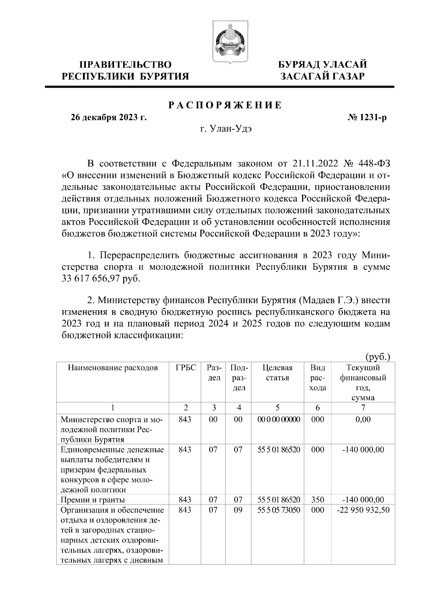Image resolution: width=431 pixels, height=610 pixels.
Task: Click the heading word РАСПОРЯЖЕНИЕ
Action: pyautogui.click(x=225, y=105)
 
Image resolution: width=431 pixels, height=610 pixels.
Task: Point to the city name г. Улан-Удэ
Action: pyautogui.click(x=226, y=129)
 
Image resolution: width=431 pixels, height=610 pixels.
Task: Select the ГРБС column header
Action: pyautogui.click(x=185, y=368)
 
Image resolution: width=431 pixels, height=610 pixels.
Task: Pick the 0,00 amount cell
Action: pyautogui.click(x=363, y=420)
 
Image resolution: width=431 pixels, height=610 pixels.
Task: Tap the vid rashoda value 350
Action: pyautogui.click(x=318, y=499)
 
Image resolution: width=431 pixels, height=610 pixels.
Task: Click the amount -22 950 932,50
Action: pyautogui.click(x=363, y=510)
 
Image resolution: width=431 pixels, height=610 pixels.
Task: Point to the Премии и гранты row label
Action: pyautogui.click(x=93, y=499)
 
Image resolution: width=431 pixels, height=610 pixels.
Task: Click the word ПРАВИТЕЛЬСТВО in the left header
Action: pyautogui.click(x=125, y=65)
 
